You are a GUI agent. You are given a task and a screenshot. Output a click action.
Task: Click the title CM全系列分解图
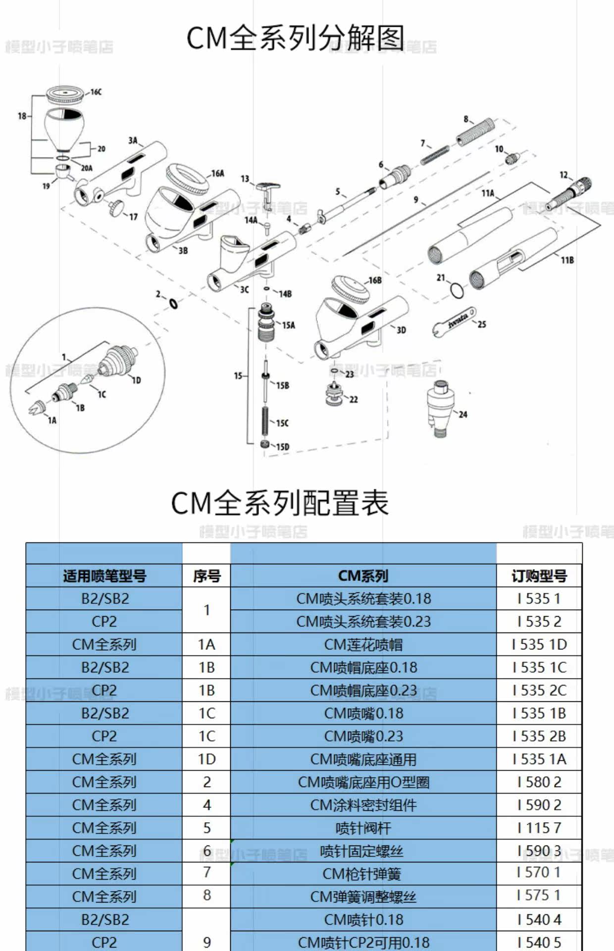296,38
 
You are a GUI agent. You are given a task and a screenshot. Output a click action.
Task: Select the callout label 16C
96,92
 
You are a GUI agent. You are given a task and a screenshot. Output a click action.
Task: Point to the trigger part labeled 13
267,190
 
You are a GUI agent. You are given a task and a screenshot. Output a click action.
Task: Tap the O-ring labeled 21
457,290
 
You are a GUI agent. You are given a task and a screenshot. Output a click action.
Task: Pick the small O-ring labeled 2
173,303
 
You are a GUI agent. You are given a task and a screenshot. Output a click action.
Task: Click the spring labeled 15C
265,421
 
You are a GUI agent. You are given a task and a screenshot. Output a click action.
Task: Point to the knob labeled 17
117,208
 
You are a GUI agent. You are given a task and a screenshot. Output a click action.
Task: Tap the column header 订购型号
539,576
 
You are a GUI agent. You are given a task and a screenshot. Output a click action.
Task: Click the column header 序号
206,576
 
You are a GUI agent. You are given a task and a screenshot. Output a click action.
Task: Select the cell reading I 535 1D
539,644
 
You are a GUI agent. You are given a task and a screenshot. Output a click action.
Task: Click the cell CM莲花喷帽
363,644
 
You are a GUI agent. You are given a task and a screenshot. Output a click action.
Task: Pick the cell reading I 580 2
539,782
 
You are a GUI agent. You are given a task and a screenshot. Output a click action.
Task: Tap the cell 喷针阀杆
363,828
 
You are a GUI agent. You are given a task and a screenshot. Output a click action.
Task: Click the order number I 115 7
539,828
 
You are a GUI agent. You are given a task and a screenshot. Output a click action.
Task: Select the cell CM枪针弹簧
363,874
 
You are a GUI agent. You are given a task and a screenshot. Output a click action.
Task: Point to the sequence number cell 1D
206,759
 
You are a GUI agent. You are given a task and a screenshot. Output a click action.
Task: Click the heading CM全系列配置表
280,503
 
